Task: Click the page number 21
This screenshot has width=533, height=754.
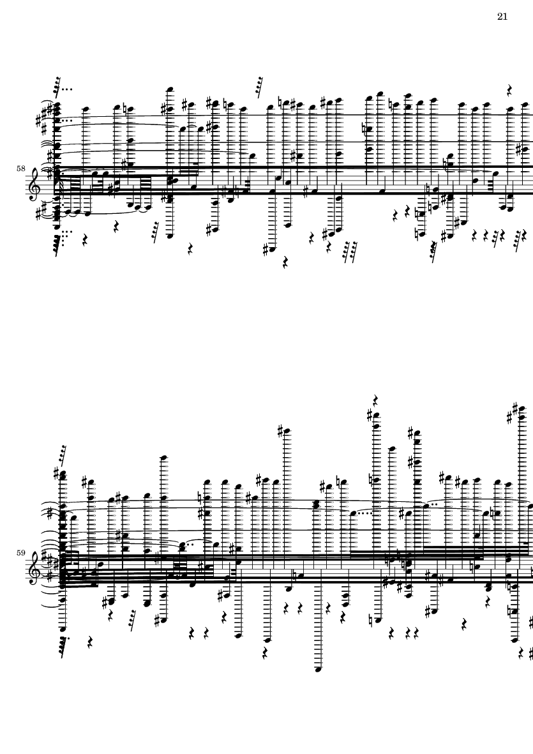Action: click(x=502, y=17)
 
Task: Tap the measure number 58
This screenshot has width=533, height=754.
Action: click(x=20, y=169)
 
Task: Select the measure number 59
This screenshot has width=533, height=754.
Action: click(x=20, y=553)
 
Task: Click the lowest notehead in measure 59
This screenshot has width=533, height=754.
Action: click(x=318, y=669)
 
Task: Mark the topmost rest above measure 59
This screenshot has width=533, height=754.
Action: click(x=375, y=400)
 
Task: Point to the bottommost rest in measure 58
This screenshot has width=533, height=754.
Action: click(x=285, y=262)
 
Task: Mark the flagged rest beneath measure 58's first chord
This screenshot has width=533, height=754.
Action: click(x=59, y=243)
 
